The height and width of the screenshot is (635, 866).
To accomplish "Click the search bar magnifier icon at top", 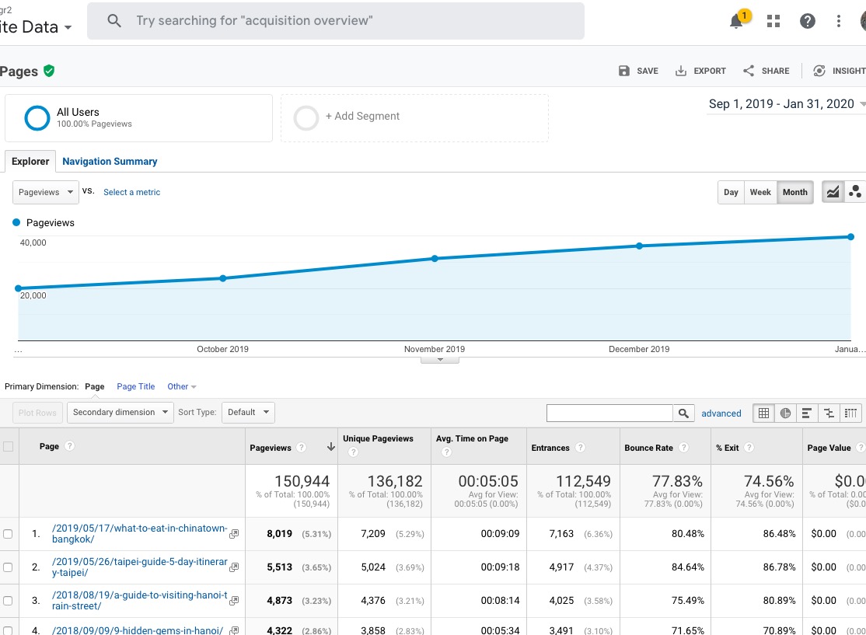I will (x=114, y=21).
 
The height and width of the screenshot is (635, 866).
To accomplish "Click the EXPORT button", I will (x=700, y=71).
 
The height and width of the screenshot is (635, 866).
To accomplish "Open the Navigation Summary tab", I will (x=110, y=162).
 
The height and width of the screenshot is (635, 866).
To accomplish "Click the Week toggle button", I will (x=760, y=193).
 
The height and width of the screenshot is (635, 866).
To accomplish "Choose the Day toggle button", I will (x=731, y=193).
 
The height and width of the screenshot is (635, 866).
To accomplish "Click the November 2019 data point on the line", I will (x=435, y=258).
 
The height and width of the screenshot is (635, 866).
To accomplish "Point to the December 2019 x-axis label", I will (x=639, y=349).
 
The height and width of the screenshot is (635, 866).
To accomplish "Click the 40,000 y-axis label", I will (x=33, y=242).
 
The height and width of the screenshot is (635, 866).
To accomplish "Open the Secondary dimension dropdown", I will (x=120, y=412).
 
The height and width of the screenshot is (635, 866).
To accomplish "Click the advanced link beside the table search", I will (x=721, y=413).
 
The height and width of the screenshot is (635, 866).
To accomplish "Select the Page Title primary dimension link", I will (x=136, y=386).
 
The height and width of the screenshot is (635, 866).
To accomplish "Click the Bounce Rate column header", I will (x=648, y=448).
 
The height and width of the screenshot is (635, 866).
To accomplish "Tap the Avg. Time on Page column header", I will (x=472, y=438).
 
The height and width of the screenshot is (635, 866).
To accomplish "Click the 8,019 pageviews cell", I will (x=279, y=534).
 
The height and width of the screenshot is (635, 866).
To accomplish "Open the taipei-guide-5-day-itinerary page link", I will (x=140, y=567).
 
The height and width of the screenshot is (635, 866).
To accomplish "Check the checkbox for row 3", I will (x=9, y=601).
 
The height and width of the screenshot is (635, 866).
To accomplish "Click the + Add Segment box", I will (x=414, y=117).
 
